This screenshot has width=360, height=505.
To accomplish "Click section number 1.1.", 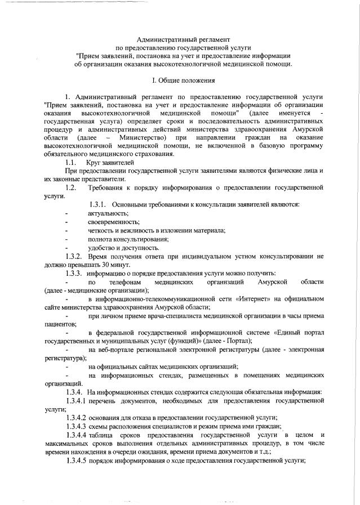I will coord(72,162).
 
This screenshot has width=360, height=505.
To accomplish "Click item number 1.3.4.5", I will coord(76,461).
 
